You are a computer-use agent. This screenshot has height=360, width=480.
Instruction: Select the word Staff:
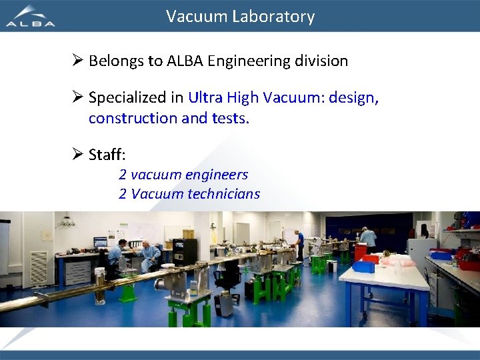tap(107, 155)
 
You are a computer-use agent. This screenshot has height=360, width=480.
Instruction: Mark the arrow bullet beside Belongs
tap(76, 61)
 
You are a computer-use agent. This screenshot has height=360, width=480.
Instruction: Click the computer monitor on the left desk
tap(100, 242)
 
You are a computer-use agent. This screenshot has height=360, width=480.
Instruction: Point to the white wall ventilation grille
tap(39, 267)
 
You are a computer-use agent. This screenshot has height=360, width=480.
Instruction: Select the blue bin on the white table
tap(363, 266)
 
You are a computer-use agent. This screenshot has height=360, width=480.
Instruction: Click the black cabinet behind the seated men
tap(185, 252)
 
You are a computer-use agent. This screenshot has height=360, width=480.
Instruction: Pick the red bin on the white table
tap(371, 258)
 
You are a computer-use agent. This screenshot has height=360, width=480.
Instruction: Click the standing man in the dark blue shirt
tap(300, 244)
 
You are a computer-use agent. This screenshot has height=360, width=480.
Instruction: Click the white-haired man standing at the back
tap(367, 238)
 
